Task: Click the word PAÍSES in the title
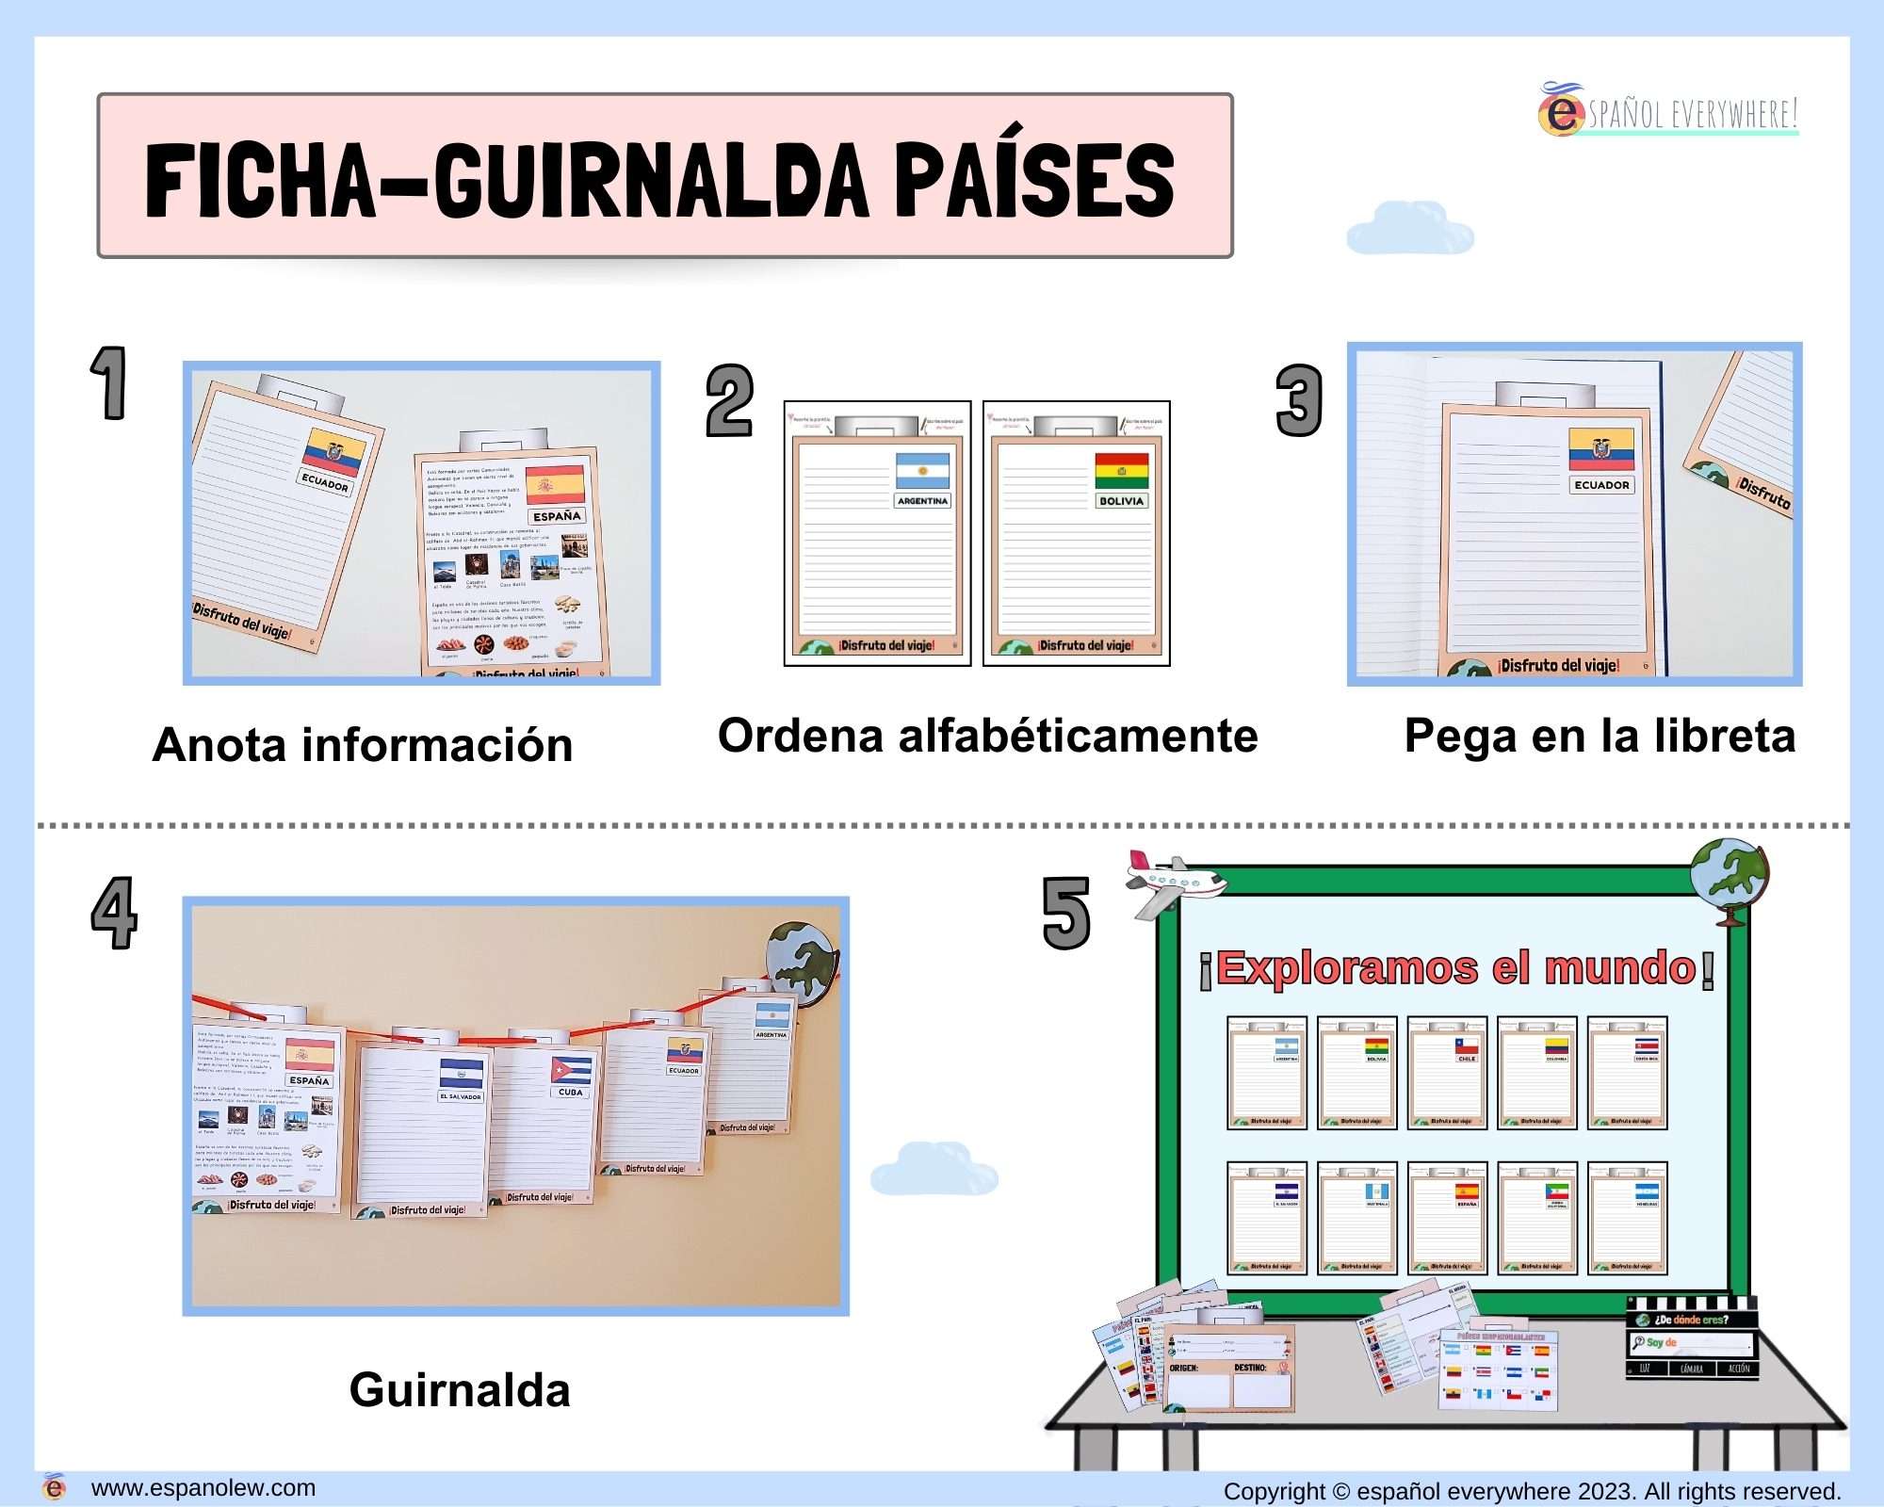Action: click(x=1033, y=179)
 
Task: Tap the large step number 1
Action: click(x=109, y=382)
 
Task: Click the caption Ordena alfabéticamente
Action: click(x=987, y=736)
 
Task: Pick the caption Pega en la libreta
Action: click(x=1599, y=736)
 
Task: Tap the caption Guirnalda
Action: click(x=460, y=1390)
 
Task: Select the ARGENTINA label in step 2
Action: click(x=922, y=501)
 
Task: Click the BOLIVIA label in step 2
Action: click(x=1121, y=501)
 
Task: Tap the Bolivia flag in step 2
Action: click(x=1121, y=470)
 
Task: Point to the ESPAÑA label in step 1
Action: click(x=557, y=516)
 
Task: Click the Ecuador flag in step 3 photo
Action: click(x=1601, y=449)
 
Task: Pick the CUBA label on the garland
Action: click(x=570, y=1093)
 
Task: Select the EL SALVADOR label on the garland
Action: click(x=461, y=1096)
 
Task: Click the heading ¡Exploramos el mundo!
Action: click(x=1456, y=969)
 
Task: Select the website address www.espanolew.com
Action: click(x=203, y=1488)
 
